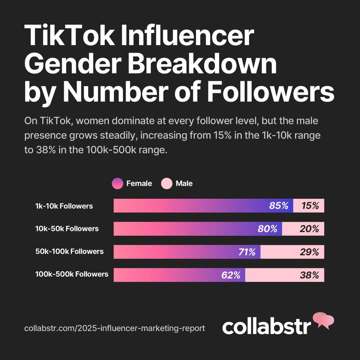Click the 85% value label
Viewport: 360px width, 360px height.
click(279, 206)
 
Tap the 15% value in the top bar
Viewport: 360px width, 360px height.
click(310, 206)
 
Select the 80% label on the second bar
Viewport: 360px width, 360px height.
click(267, 229)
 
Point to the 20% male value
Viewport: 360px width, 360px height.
click(309, 229)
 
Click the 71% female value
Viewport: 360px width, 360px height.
click(247, 252)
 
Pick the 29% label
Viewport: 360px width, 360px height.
click(309, 252)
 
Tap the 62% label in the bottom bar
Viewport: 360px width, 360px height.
click(231, 275)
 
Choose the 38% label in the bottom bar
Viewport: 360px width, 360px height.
click(309, 275)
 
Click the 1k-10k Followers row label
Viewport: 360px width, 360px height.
click(64, 206)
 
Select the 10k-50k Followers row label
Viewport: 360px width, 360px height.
click(67, 229)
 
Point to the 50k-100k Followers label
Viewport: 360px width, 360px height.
click(70, 251)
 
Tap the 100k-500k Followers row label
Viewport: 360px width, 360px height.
click(72, 274)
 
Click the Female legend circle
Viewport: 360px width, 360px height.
click(117, 184)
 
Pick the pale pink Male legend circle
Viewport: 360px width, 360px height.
click(166, 184)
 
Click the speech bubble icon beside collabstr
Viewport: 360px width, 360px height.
click(324, 320)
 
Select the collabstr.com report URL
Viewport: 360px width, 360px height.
click(115, 328)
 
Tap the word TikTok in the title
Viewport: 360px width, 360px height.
click(69, 36)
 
